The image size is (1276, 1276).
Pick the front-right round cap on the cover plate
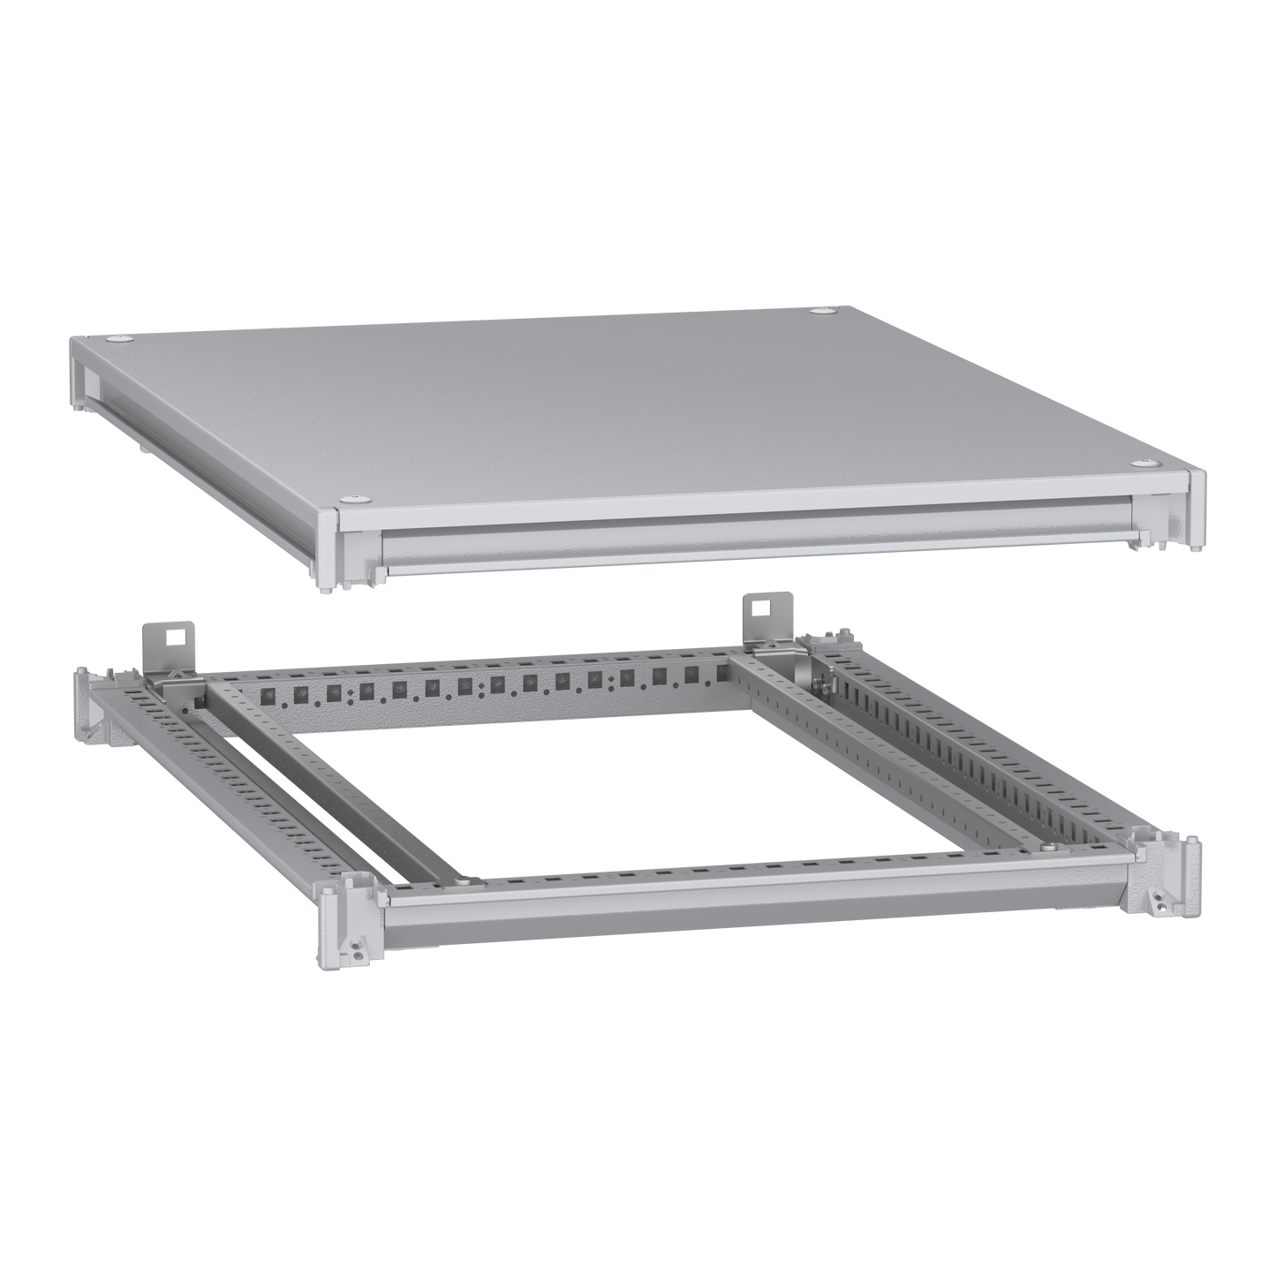coord(1144,463)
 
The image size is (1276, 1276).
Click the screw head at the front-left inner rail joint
coord(459,880)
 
